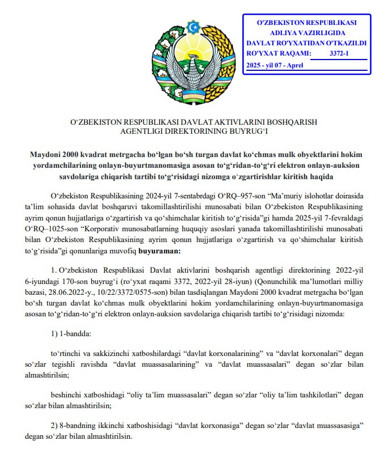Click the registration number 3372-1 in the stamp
pyautogui.click(x=340, y=53)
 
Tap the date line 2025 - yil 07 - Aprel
pyautogui.click(x=275, y=65)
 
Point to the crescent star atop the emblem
pyautogui.click(x=195, y=26)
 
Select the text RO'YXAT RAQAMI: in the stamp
pyautogui.click(x=279, y=53)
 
